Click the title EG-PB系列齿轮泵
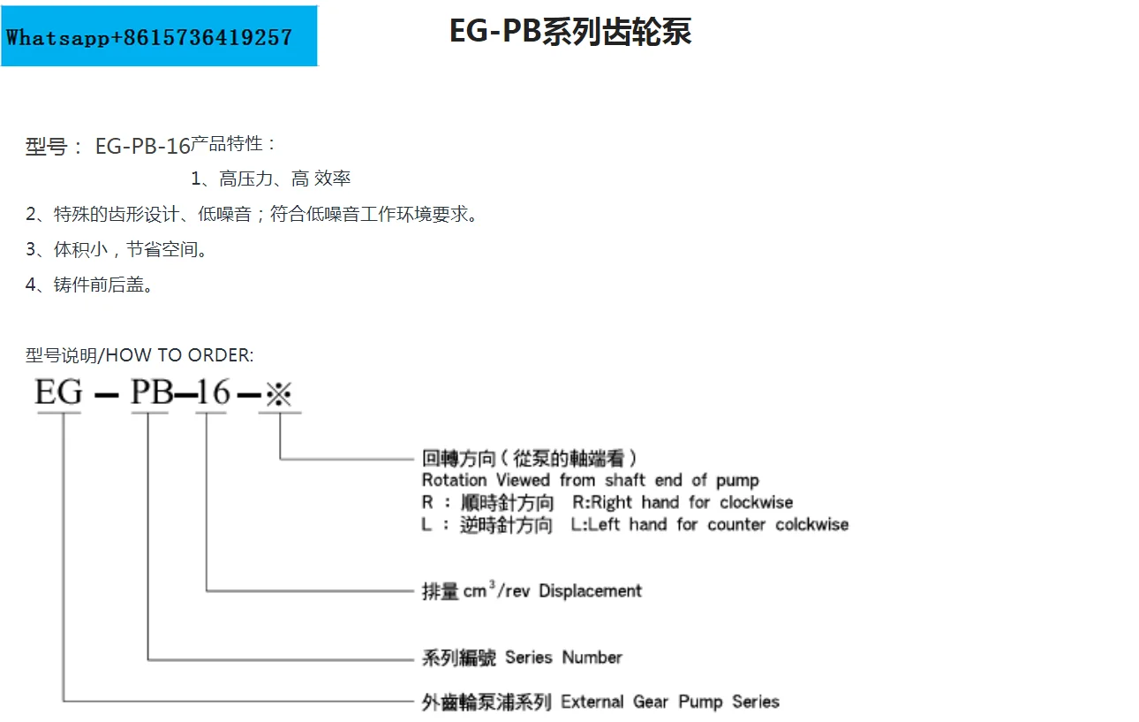click(569, 32)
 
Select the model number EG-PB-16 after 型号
click(142, 147)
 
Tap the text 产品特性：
click(234, 143)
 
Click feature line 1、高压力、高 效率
click(271, 179)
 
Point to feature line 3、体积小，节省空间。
click(117, 249)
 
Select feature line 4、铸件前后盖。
click(89, 285)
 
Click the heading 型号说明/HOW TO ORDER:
click(140, 355)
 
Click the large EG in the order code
click(58, 391)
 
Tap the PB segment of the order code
click(152, 391)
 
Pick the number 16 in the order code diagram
click(213, 391)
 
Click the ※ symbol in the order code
click(279, 392)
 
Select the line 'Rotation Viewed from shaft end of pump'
click(590, 480)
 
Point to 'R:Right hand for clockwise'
click(683, 503)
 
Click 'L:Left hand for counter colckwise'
click(710, 525)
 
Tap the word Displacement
click(590, 590)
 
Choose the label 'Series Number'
click(563, 657)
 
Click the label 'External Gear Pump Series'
click(670, 702)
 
